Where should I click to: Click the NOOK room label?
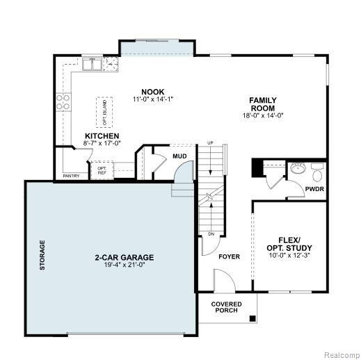[x=153, y=92]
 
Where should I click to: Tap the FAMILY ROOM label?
[x=263, y=104]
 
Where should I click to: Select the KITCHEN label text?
[x=102, y=136]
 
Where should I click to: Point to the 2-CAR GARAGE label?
[x=125, y=257]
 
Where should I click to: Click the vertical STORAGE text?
[x=42, y=255]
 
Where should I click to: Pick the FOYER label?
[x=229, y=256]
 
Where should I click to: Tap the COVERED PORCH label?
[x=226, y=307]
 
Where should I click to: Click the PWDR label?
[x=314, y=189]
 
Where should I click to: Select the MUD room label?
[x=179, y=156]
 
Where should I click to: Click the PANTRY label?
[x=71, y=176]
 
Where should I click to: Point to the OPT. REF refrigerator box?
[x=102, y=170]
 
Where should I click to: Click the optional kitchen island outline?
[x=104, y=113]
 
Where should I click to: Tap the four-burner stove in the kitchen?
[x=63, y=102]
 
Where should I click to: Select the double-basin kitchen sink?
[x=92, y=64]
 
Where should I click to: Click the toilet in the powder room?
[x=317, y=172]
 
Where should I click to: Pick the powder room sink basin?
[x=298, y=168]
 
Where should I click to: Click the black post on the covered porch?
[x=252, y=318]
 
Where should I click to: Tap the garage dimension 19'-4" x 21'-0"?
[x=125, y=265]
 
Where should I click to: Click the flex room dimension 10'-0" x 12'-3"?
[x=289, y=256]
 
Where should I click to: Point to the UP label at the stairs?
[x=210, y=143]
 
